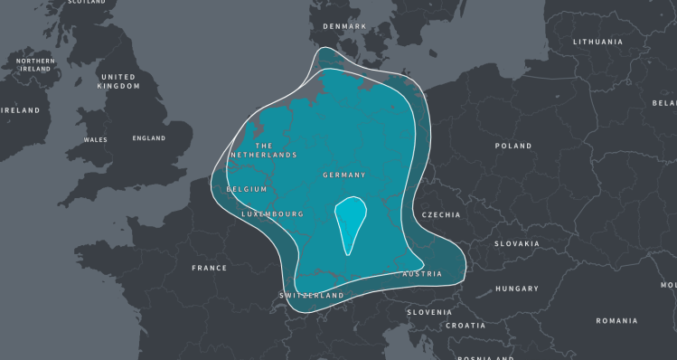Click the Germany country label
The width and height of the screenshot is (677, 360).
coord(343,175)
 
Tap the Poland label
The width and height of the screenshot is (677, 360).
coord(513,146)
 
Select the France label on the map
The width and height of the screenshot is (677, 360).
coord(209,268)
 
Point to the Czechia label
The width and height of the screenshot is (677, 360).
coord(441,215)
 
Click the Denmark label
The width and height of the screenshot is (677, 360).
coord(344,26)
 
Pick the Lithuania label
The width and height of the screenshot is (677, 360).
coord(597,42)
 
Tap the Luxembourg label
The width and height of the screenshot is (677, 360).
coord(272,214)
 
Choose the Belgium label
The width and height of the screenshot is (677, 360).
coord(247,189)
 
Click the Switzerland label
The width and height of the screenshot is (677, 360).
coord(312,296)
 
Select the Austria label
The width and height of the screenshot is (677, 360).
coord(422,273)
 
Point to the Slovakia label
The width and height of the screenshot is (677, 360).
coord(516,243)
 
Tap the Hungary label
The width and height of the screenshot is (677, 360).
coord(517,289)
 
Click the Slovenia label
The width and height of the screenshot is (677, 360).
coord(428,312)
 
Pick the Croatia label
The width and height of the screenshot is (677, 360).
coord(465,326)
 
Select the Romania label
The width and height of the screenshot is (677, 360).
coord(616,320)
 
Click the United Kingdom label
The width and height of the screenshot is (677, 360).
coord(119,81)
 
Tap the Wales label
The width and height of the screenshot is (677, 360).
coord(95,140)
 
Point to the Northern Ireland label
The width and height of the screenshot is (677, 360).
coord(35,64)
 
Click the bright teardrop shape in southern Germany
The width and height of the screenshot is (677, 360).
coord(350,222)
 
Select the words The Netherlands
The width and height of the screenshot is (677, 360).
coord(263,150)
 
